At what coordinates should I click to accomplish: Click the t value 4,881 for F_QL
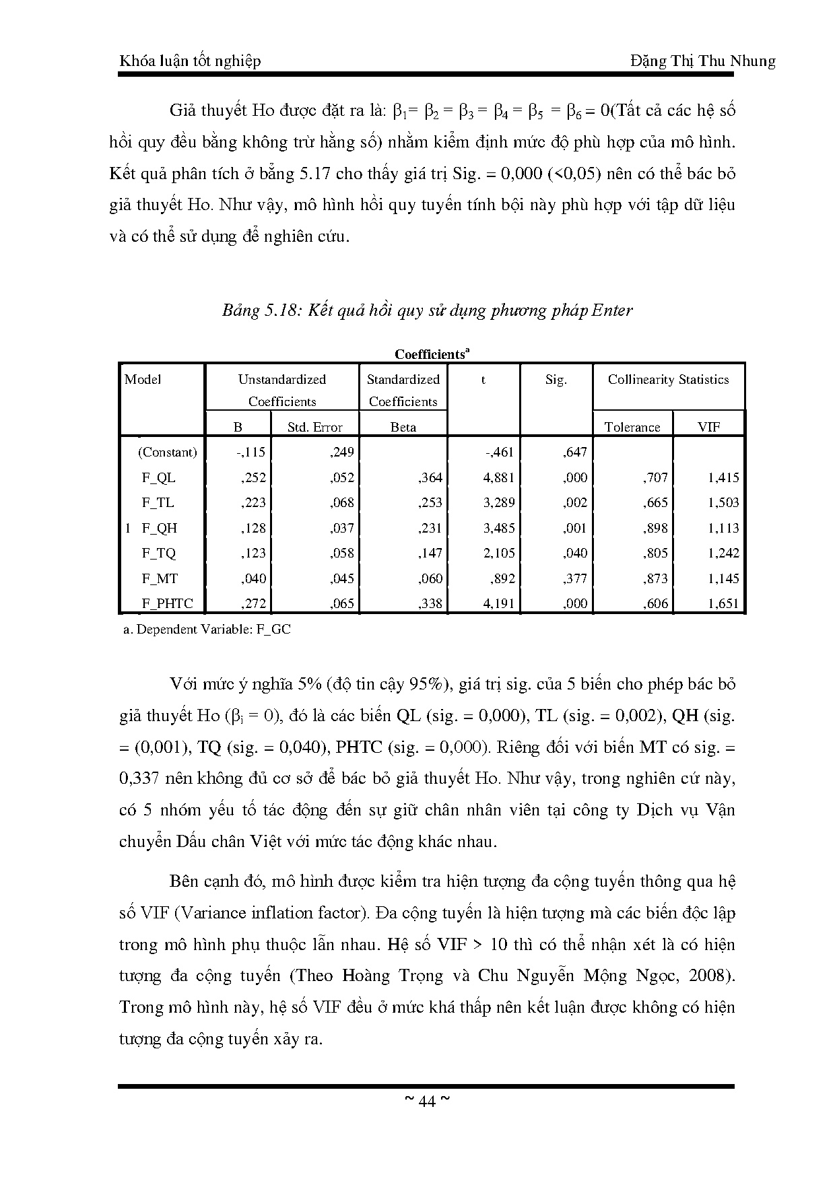[x=498, y=478]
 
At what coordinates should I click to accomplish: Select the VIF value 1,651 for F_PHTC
[x=723, y=604]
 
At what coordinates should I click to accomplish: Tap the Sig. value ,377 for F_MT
[x=575, y=578]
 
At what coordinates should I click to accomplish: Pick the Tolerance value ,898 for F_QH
[x=656, y=529]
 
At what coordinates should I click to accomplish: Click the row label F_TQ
[x=158, y=553]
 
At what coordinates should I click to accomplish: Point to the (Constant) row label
[x=167, y=452]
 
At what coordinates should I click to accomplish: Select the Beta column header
[x=403, y=428]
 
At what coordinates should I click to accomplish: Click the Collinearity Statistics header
[x=668, y=380]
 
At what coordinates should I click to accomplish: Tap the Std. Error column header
[x=314, y=428]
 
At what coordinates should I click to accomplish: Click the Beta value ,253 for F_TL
[x=430, y=503]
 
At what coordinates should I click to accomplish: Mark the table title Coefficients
[x=431, y=354]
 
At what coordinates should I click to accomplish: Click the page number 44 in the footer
[x=426, y=1102]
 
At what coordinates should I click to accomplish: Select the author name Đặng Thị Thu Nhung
[x=703, y=61]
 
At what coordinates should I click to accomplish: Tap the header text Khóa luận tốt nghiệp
[x=190, y=61]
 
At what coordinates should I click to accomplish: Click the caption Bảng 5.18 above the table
[x=427, y=310]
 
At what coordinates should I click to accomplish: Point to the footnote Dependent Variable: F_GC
[x=207, y=630]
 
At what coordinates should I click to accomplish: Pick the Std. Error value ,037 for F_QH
[x=342, y=529]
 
